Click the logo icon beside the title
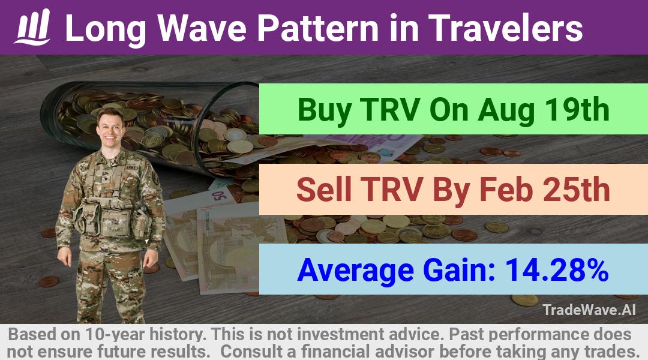32,26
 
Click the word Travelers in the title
505,28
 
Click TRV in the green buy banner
390,110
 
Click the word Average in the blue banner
355,270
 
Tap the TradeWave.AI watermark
589,310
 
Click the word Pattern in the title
317,28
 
